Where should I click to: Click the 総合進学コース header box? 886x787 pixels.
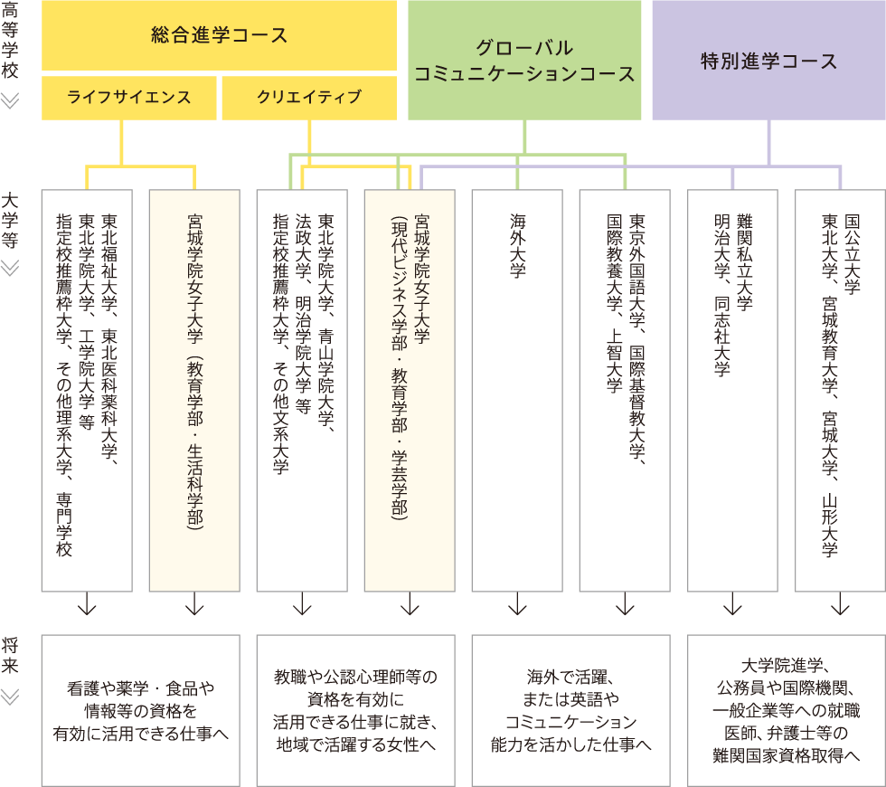(x=220, y=35)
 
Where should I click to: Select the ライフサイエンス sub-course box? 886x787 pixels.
(x=129, y=98)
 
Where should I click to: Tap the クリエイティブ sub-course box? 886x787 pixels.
(x=309, y=98)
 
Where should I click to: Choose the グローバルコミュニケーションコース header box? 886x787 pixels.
(x=524, y=60)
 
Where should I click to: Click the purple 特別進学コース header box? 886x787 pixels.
(x=768, y=60)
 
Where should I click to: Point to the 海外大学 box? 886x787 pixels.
(x=517, y=389)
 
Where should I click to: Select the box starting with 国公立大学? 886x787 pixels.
(x=840, y=389)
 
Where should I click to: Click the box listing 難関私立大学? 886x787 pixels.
(x=732, y=389)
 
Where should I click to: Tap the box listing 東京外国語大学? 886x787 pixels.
(x=625, y=389)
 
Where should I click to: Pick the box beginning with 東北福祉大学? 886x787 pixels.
(x=87, y=389)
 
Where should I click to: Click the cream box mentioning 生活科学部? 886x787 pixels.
(x=194, y=389)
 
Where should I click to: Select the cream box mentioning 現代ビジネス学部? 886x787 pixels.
(x=410, y=389)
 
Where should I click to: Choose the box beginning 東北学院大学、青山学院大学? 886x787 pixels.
(x=302, y=389)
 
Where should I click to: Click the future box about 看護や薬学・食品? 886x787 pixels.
(x=140, y=710)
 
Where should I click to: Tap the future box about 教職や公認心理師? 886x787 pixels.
(x=355, y=710)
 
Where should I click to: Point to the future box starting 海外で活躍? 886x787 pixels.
(x=570, y=710)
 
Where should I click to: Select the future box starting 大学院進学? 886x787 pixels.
(x=786, y=710)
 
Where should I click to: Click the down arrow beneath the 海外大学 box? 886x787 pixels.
(x=517, y=603)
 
